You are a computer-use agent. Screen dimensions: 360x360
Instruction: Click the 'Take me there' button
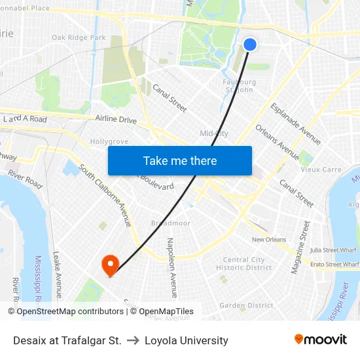[180, 160]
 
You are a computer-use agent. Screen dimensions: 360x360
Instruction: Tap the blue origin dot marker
[250, 44]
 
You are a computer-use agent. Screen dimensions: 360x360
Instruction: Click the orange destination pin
[110, 264]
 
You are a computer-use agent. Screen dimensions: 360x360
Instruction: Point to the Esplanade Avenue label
[296, 124]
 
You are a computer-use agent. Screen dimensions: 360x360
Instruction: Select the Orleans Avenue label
[278, 142]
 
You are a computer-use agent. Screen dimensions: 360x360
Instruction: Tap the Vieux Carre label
[321, 170]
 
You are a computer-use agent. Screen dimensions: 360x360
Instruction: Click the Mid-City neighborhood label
[214, 134]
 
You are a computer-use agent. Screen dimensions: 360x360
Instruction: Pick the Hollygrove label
[109, 141]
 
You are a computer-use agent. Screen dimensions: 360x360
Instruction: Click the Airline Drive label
[116, 120]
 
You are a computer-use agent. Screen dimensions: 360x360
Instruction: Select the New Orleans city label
[269, 240]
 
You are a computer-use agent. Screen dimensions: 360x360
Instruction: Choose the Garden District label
[246, 306]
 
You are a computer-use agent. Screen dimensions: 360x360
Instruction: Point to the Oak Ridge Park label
[79, 38]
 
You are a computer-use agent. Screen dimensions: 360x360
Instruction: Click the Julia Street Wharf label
[334, 249]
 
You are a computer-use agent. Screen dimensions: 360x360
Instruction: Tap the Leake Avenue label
[57, 274]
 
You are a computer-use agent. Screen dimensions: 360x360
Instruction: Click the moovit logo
[320, 340]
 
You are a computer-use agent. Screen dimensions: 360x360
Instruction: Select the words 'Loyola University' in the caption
[187, 340]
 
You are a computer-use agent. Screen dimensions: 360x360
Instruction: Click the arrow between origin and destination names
[133, 340]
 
